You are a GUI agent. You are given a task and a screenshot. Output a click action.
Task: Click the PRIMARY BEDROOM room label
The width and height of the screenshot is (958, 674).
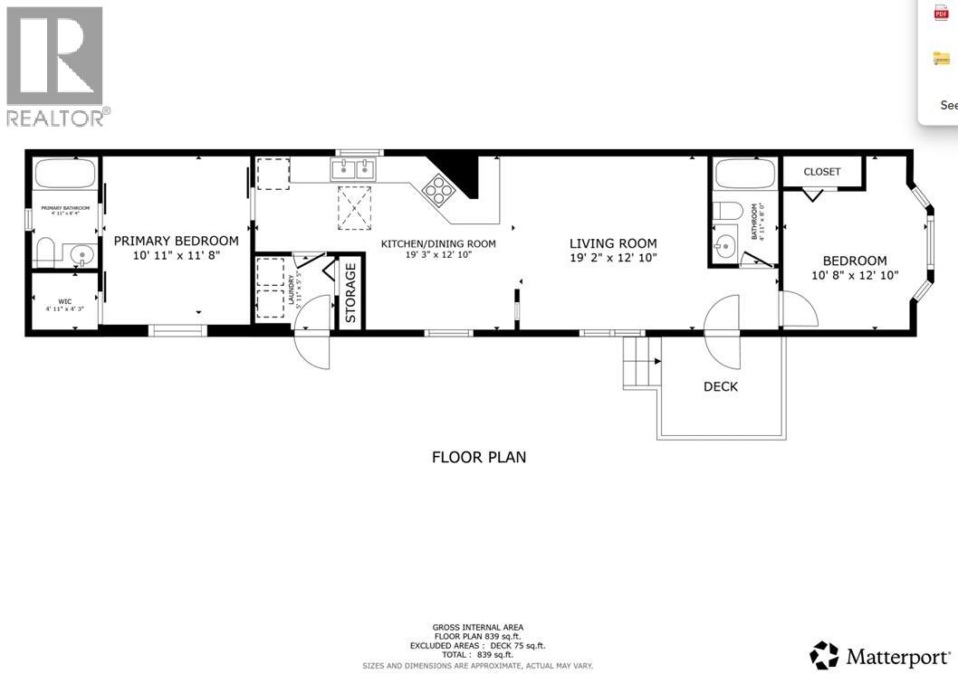pos(176,241)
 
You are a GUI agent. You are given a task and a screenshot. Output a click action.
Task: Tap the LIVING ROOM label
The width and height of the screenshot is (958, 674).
pos(613,243)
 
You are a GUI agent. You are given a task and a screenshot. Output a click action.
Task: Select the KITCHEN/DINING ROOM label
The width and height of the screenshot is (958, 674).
pos(437,243)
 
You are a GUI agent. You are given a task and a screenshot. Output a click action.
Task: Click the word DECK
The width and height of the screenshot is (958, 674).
pos(720,386)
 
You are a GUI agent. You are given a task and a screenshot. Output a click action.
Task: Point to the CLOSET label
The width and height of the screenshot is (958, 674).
pos(821,172)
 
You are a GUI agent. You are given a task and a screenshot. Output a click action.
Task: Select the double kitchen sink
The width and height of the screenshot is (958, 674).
pos(353,169)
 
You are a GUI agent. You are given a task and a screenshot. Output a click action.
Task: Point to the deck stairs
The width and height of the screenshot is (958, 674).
pos(641,363)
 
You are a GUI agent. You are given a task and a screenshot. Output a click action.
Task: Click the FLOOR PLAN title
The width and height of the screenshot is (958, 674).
pos(478,457)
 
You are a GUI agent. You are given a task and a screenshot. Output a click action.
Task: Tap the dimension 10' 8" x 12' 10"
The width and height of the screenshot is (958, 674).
pos(854,275)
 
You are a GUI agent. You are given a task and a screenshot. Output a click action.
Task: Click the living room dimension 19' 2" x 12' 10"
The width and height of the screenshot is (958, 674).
pos(613,258)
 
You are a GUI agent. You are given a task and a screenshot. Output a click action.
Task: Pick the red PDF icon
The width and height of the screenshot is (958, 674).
pos(941,13)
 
